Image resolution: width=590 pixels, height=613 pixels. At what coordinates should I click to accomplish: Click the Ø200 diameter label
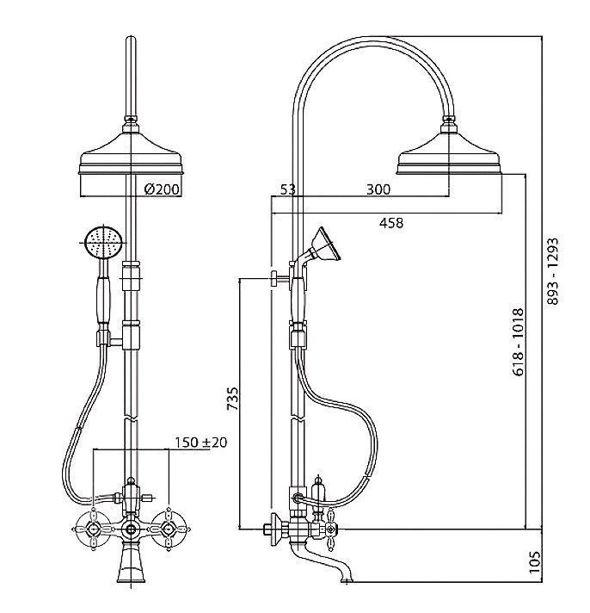(x=162, y=189)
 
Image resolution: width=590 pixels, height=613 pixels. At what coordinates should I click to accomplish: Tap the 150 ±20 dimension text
(x=200, y=443)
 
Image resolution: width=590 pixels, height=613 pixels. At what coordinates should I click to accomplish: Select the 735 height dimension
(x=233, y=399)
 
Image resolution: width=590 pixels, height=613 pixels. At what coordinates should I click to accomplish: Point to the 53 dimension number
(x=288, y=189)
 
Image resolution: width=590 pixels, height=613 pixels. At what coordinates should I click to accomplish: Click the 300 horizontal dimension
(x=378, y=189)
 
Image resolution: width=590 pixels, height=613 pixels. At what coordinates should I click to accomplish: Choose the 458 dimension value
(x=390, y=223)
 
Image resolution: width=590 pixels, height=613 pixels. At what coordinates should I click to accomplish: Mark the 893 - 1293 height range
(x=552, y=271)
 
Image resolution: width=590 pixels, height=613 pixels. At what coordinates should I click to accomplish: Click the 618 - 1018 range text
(x=518, y=342)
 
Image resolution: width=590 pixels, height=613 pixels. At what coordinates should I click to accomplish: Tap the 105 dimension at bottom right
(x=534, y=562)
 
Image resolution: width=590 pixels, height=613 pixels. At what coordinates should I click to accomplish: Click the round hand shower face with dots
(x=103, y=242)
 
